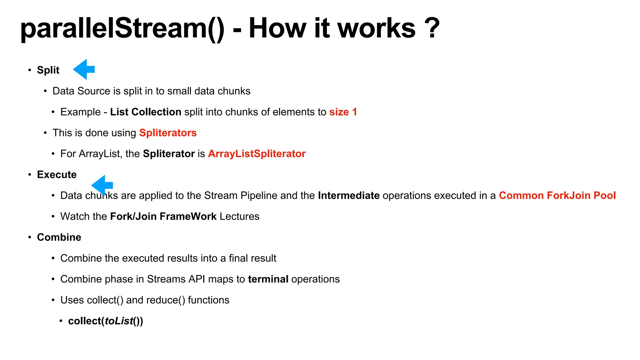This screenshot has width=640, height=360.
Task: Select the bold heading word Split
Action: (x=48, y=70)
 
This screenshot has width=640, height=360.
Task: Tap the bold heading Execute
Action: (x=57, y=174)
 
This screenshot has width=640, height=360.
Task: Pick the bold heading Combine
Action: (x=59, y=237)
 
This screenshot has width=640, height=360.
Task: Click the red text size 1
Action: (x=343, y=112)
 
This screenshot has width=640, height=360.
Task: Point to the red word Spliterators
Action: (x=168, y=133)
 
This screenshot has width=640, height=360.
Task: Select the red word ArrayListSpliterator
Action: (x=257, y=154)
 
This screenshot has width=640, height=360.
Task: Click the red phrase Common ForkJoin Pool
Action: (x=557, y=195)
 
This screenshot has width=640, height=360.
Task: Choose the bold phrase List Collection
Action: (x=146, y=112)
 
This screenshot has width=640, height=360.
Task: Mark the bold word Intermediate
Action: (x=349, y=195)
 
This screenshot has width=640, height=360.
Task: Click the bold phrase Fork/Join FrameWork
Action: (x=163, y=216)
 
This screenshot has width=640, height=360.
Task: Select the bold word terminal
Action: (x=268, y=279)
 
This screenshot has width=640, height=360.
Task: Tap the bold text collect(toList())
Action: (x=106, y=321)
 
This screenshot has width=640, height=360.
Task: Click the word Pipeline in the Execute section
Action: (x=259, y=195)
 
